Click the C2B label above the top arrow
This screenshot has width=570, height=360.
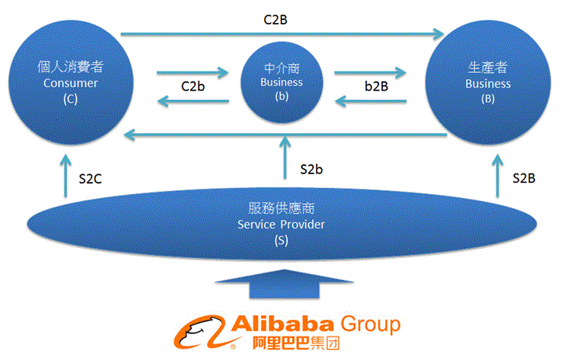pos(275,20)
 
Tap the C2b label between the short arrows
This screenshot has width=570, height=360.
pos(193,87)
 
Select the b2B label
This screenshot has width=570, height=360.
pos(376,87)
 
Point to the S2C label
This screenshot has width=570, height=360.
pos(90,179)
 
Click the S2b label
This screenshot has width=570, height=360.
pos(311,170)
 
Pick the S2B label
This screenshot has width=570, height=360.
pos(524,178)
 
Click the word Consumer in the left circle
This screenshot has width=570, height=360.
pos(71,83)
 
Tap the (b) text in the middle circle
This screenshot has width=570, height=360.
pos(282,97)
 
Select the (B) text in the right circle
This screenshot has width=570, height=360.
pos(488,99)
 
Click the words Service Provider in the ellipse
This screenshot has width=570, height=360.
pos(281,225)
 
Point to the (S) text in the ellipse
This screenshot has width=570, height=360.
pos(282,241)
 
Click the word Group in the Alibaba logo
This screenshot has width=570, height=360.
pos(371,324)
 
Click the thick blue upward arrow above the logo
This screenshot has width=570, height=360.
pos(285,285)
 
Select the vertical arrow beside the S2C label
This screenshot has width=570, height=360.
pos(65,177)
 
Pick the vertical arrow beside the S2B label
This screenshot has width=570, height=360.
pos(498,177)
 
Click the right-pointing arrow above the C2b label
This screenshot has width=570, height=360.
pos(193,73)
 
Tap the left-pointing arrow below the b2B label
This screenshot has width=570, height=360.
pos(371,101)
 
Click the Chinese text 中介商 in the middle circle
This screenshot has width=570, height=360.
pos(282,68)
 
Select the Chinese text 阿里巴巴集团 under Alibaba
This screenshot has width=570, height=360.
pos(296,343)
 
